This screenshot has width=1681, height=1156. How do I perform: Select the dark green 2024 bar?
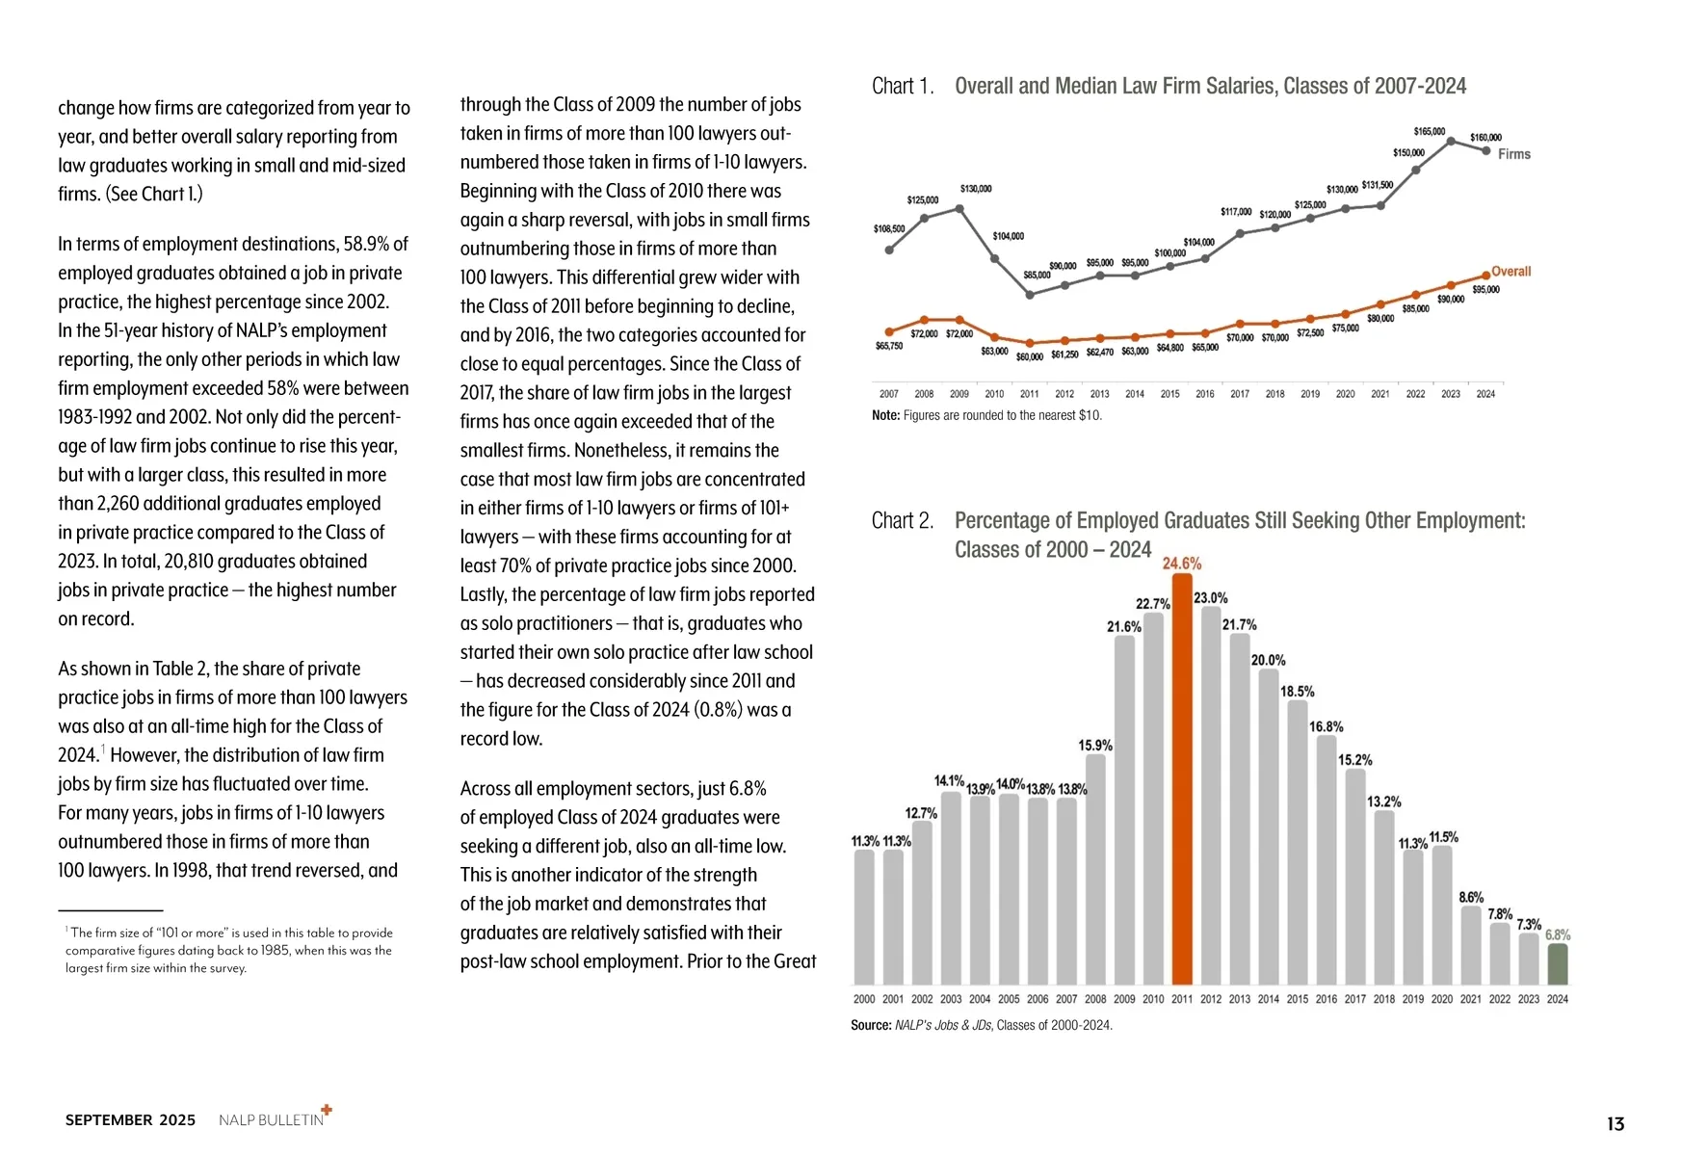click(1558, 963)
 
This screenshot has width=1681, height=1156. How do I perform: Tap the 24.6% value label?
click(1182, 564)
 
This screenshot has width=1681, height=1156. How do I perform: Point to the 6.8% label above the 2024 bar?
click(1558, 934)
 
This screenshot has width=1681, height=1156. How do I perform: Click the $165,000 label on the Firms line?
click(1429, 131)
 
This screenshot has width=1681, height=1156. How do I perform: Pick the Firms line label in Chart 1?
click(1514, 154)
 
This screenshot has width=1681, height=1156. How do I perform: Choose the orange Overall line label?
click(1511, 272)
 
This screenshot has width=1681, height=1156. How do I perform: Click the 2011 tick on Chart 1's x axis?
click(1029, 394)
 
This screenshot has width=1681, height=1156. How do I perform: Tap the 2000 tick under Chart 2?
click(864, 999)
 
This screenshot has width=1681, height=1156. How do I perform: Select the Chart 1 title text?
click(1210, 87)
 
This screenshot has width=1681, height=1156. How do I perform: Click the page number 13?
click(1615, 1123)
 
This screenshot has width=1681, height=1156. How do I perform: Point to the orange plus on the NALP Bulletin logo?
click(327, 1110)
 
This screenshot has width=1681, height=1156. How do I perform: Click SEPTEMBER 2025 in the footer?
click(130, 1120)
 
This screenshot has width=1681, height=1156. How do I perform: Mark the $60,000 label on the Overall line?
click(1029, 357)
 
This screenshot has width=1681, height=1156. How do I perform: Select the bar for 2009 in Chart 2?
click(1124, 809)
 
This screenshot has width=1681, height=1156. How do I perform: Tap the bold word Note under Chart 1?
click(884, 415)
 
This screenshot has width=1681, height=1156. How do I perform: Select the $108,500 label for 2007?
click(888, 229)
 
